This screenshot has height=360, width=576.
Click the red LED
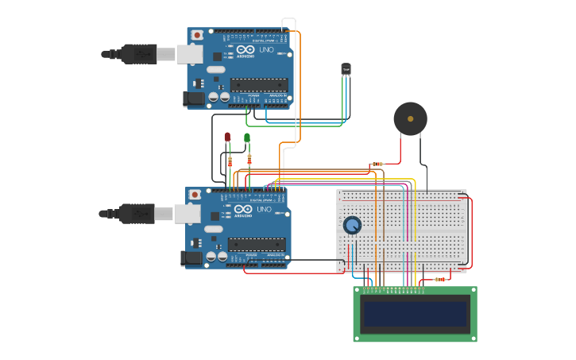coord(227,137)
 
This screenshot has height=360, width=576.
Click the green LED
coord(247,138)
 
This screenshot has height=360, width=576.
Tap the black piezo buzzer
coord(410,119)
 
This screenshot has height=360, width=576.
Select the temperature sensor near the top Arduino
coord(346,69)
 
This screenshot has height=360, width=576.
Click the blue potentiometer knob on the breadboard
coord(352,226)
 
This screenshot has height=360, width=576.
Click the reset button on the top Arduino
coord(197,36)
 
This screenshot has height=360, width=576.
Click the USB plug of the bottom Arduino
coord(135,213)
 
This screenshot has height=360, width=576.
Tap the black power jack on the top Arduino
coord(193,99)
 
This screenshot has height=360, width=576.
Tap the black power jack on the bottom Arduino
coord(191,257)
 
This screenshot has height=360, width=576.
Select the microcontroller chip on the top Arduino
coord(259,85)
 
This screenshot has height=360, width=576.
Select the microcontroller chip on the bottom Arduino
coord(256,245)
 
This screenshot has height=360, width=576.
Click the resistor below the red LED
coord(230,162)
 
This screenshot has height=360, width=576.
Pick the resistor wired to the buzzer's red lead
coord(377,165)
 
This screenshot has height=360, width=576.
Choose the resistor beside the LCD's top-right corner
coord(439,279)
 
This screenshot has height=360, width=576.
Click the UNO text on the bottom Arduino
coord(263,210)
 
